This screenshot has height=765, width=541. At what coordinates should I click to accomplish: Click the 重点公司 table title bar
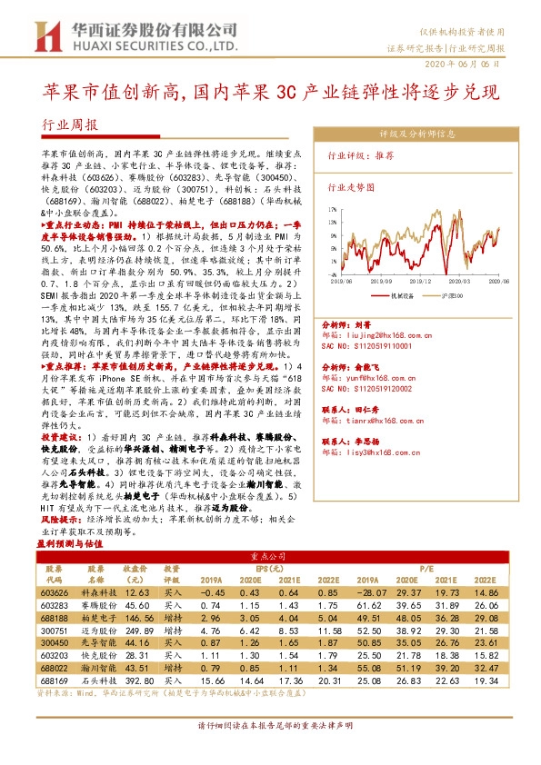[x=270, y=553]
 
